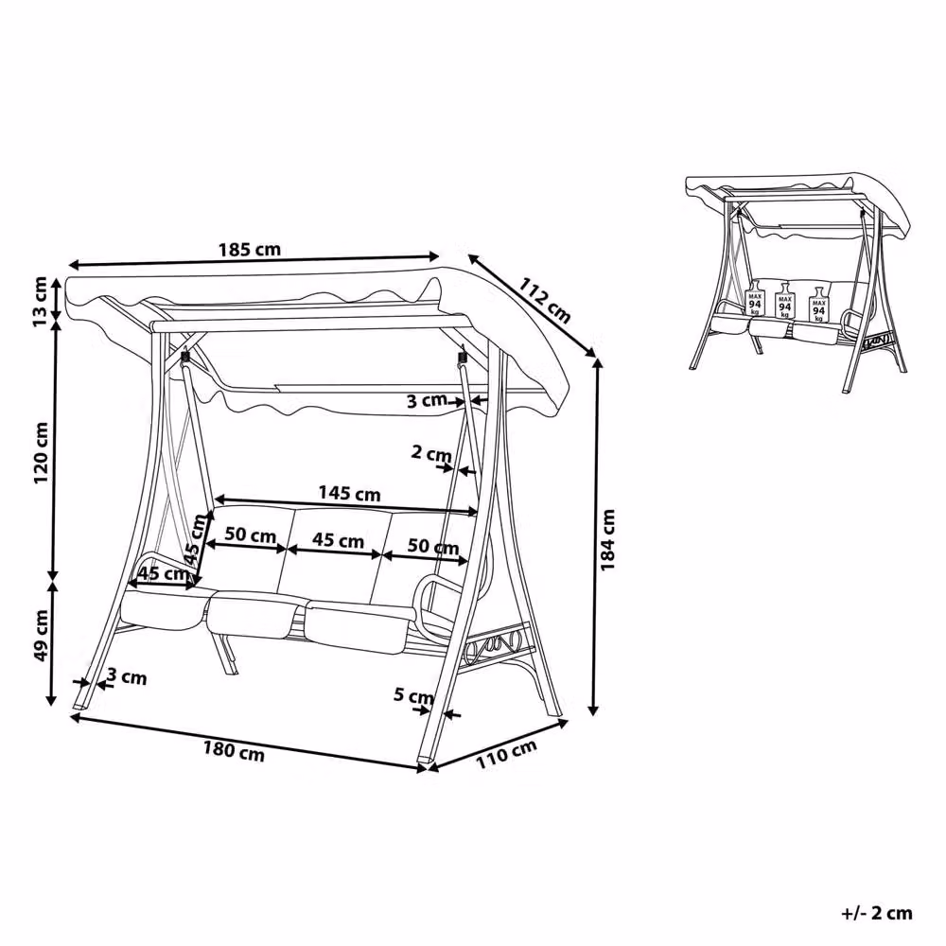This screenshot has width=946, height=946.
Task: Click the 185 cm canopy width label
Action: point(250,249)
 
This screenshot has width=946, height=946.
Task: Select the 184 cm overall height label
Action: point(607,540)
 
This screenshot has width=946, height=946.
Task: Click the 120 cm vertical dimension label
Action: point(41,452)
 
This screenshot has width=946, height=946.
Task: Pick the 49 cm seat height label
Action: point(41,636)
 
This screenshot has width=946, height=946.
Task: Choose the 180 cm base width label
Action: point(234,751)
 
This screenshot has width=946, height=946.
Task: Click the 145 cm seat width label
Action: point(349,494)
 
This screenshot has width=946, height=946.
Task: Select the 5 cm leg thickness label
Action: point(413,695)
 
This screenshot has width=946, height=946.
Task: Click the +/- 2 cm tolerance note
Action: point(877,913)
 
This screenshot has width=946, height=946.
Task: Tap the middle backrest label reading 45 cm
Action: point(338,540)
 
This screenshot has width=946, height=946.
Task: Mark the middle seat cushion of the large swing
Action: point(254,616)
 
